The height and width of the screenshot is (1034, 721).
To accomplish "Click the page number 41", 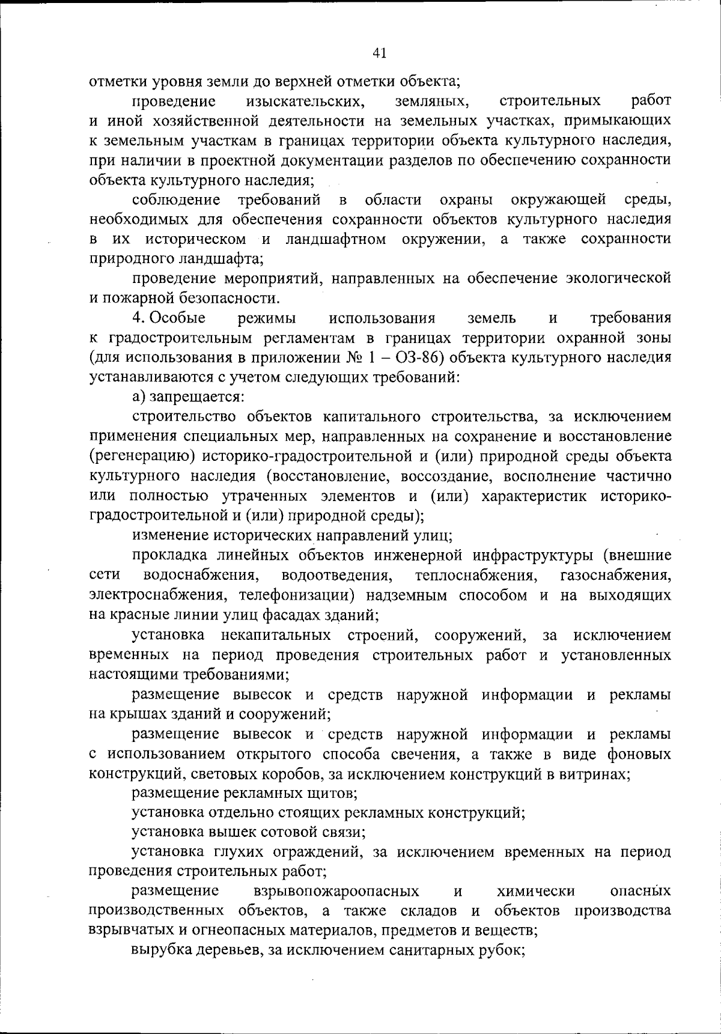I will pos(379,53).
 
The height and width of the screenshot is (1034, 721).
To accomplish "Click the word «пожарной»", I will pos(139,298).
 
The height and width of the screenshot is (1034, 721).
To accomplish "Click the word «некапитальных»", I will pos(276,635).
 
